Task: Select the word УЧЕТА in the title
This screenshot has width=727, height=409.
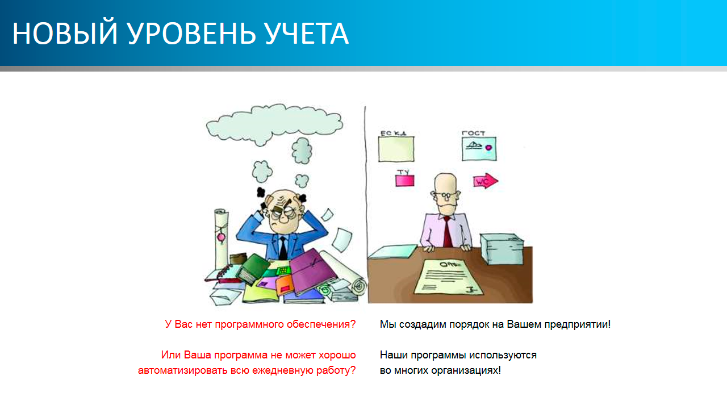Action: tap(307, 34)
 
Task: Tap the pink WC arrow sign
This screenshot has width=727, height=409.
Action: tap(486, 181)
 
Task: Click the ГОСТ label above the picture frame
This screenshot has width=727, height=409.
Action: tap(474, 133)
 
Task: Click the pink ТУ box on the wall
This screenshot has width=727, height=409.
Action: tap(405, 180)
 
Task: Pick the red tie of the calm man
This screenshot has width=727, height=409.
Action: tap(448, 232)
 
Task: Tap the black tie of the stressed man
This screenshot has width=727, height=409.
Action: tap(283, 248)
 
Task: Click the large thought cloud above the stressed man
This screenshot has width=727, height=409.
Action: tap(274, 124)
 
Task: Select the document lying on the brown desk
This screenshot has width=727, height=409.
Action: tap(449, 277)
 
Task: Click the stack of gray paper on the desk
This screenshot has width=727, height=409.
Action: tap(502, 249)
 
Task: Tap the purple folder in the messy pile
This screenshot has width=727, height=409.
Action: tap(312, 272)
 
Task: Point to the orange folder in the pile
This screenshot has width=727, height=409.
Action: tap(285, 285)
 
